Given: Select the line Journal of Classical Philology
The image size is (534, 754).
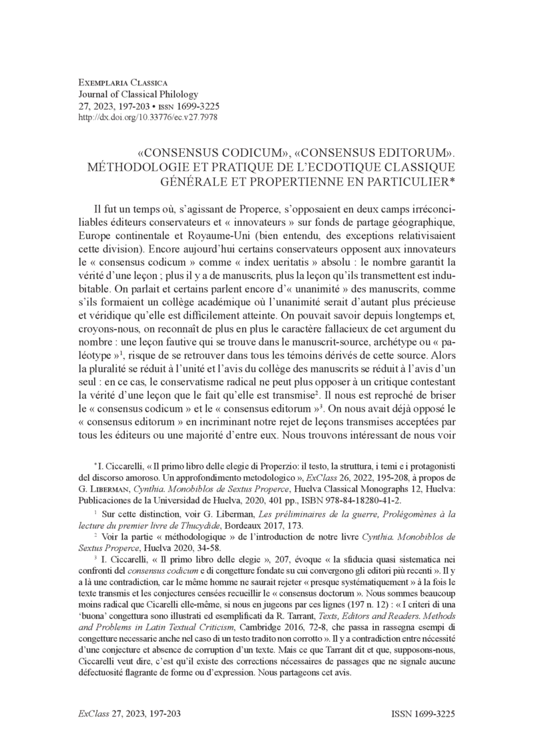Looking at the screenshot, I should point(129,95).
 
